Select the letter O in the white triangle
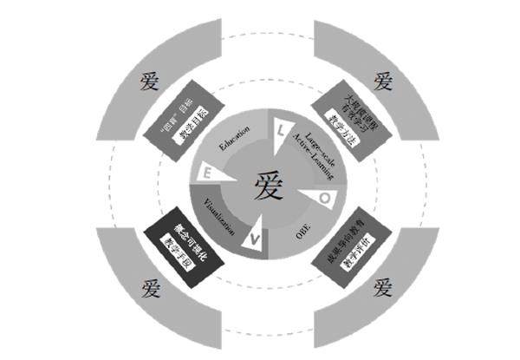(x=323, y=199)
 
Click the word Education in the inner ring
(x=235, y=140)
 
